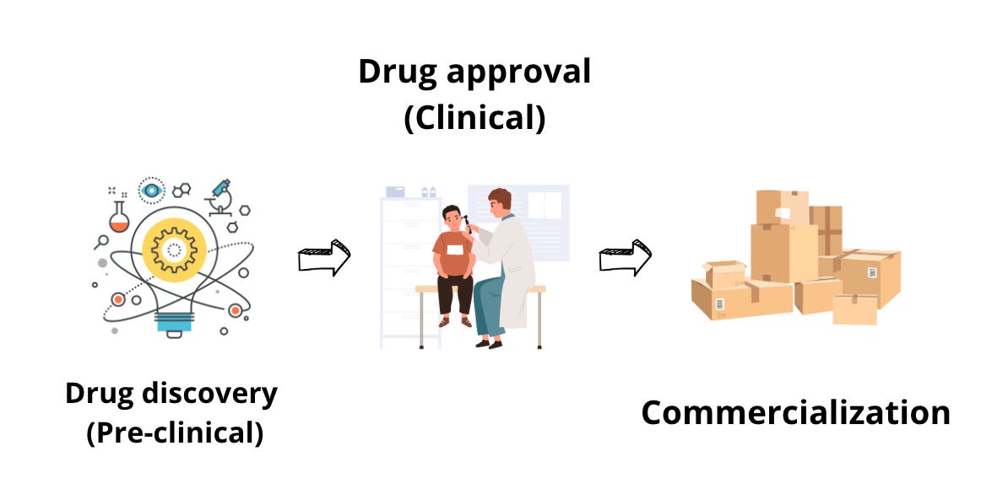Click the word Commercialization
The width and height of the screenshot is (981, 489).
tap(795, 413)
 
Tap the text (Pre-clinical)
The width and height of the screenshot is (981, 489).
tap(174, 433)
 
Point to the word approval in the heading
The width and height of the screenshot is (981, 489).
tap(518, 72)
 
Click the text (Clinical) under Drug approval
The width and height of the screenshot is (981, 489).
tap(474, 116)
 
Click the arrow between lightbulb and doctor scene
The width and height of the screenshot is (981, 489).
tap(323, 258)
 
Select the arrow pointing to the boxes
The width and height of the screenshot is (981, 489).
tap(625, 258)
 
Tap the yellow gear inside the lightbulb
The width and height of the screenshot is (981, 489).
tap(175, 248)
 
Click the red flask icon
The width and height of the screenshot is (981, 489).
tap(120, 218)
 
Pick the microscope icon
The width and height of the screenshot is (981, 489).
tap(221, 197)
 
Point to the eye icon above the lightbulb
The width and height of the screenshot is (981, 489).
tap(152, 191)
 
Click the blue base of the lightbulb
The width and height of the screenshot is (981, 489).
tap(174, 322)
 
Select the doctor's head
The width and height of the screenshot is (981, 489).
tap(500, 203)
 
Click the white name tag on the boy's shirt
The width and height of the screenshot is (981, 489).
tap(457, 250)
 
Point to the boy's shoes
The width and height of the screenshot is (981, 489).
tap(455, 321)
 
